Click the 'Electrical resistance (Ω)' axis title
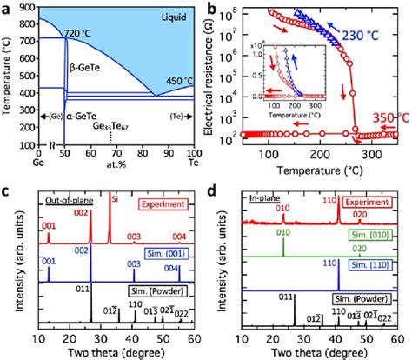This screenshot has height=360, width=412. [x=217, y=78]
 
